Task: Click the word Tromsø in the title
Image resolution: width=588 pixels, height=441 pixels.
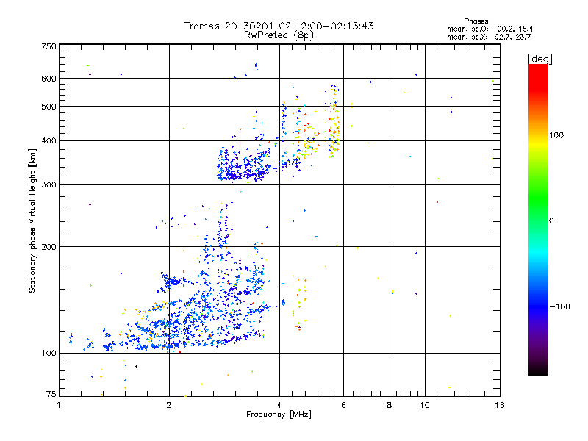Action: [x=204, y=26]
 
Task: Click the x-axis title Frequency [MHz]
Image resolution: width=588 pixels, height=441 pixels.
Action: [x=279, y=415]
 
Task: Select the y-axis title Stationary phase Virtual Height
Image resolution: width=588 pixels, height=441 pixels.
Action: [x=32, y=220]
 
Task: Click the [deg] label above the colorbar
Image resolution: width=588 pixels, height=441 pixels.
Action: [x=539, y=58]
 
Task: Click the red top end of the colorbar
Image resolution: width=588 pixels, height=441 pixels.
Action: [x=537, y=68]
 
